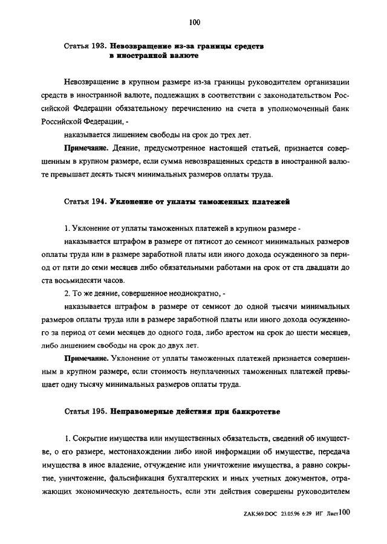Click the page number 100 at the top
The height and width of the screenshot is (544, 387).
[x=194, y=23]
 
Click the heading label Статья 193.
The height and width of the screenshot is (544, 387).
[x=85, y=46]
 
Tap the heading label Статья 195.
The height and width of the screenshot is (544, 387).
[x=85, y=411]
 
